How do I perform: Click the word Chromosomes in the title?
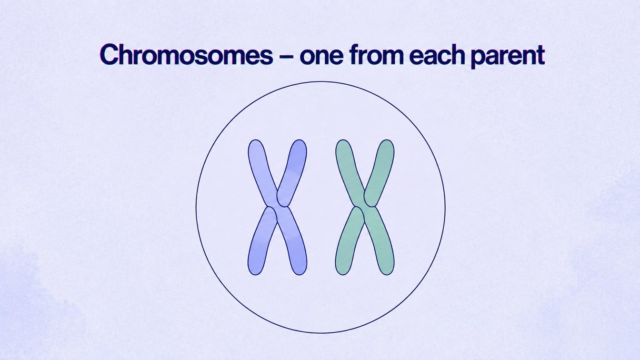(187, 54)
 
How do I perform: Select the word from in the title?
(376, 54)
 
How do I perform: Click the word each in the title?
(437, 54)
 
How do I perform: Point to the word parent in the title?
(508, 56)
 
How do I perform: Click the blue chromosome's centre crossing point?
(277, 206)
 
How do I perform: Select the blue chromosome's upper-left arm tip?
(255, 140)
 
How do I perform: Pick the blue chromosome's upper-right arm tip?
(299, 140)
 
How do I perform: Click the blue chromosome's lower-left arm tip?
(255, 274)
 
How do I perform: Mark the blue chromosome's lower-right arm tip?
(300, 274)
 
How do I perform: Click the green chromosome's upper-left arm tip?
(343, 140)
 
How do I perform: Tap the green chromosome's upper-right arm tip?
(387, 140)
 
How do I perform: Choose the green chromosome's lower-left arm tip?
(342, 274)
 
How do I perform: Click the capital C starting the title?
(110, 55)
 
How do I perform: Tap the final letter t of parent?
(540, 55)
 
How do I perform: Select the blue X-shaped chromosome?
(277, 208)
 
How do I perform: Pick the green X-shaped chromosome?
(365, 208)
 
